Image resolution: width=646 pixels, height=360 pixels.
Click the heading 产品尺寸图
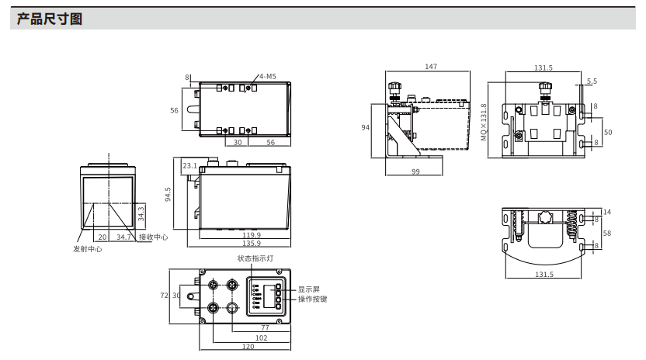(x=50, y=19)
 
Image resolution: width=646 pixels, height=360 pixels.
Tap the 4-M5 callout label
(x=268, y=77)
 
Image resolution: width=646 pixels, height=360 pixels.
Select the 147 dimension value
(x=431, y=66)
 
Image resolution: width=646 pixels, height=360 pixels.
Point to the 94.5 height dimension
(x=168, y=195)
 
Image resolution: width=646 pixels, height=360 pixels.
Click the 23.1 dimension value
(x=190, y=165)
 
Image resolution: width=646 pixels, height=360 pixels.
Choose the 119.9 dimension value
(x=252, y=235)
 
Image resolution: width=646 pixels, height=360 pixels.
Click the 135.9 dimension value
(x=252, y=243)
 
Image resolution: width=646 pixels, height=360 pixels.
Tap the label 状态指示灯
(x=255, y=258)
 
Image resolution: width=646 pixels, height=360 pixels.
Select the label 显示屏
(x=308, y=289)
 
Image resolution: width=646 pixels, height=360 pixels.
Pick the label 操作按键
(x=312, y=299)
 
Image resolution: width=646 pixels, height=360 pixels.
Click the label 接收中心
(x=153, y=237)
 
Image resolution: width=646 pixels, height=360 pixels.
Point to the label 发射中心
(x=87, y=249)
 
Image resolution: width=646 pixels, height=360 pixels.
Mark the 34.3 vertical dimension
(x=141, y=214)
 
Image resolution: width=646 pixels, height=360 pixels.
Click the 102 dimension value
(x=261, y=337)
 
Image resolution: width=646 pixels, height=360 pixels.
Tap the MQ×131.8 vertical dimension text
(x=484, y=122)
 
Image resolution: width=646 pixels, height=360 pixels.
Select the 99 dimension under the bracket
(x=415, y=171)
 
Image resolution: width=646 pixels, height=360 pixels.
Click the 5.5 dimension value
(x=592, y=81)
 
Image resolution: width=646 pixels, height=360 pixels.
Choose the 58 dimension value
(x=607, y=233)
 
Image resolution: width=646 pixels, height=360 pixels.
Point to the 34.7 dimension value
(x=123, y=237)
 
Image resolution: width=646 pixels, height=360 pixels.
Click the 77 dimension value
(x=265, y=327)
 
